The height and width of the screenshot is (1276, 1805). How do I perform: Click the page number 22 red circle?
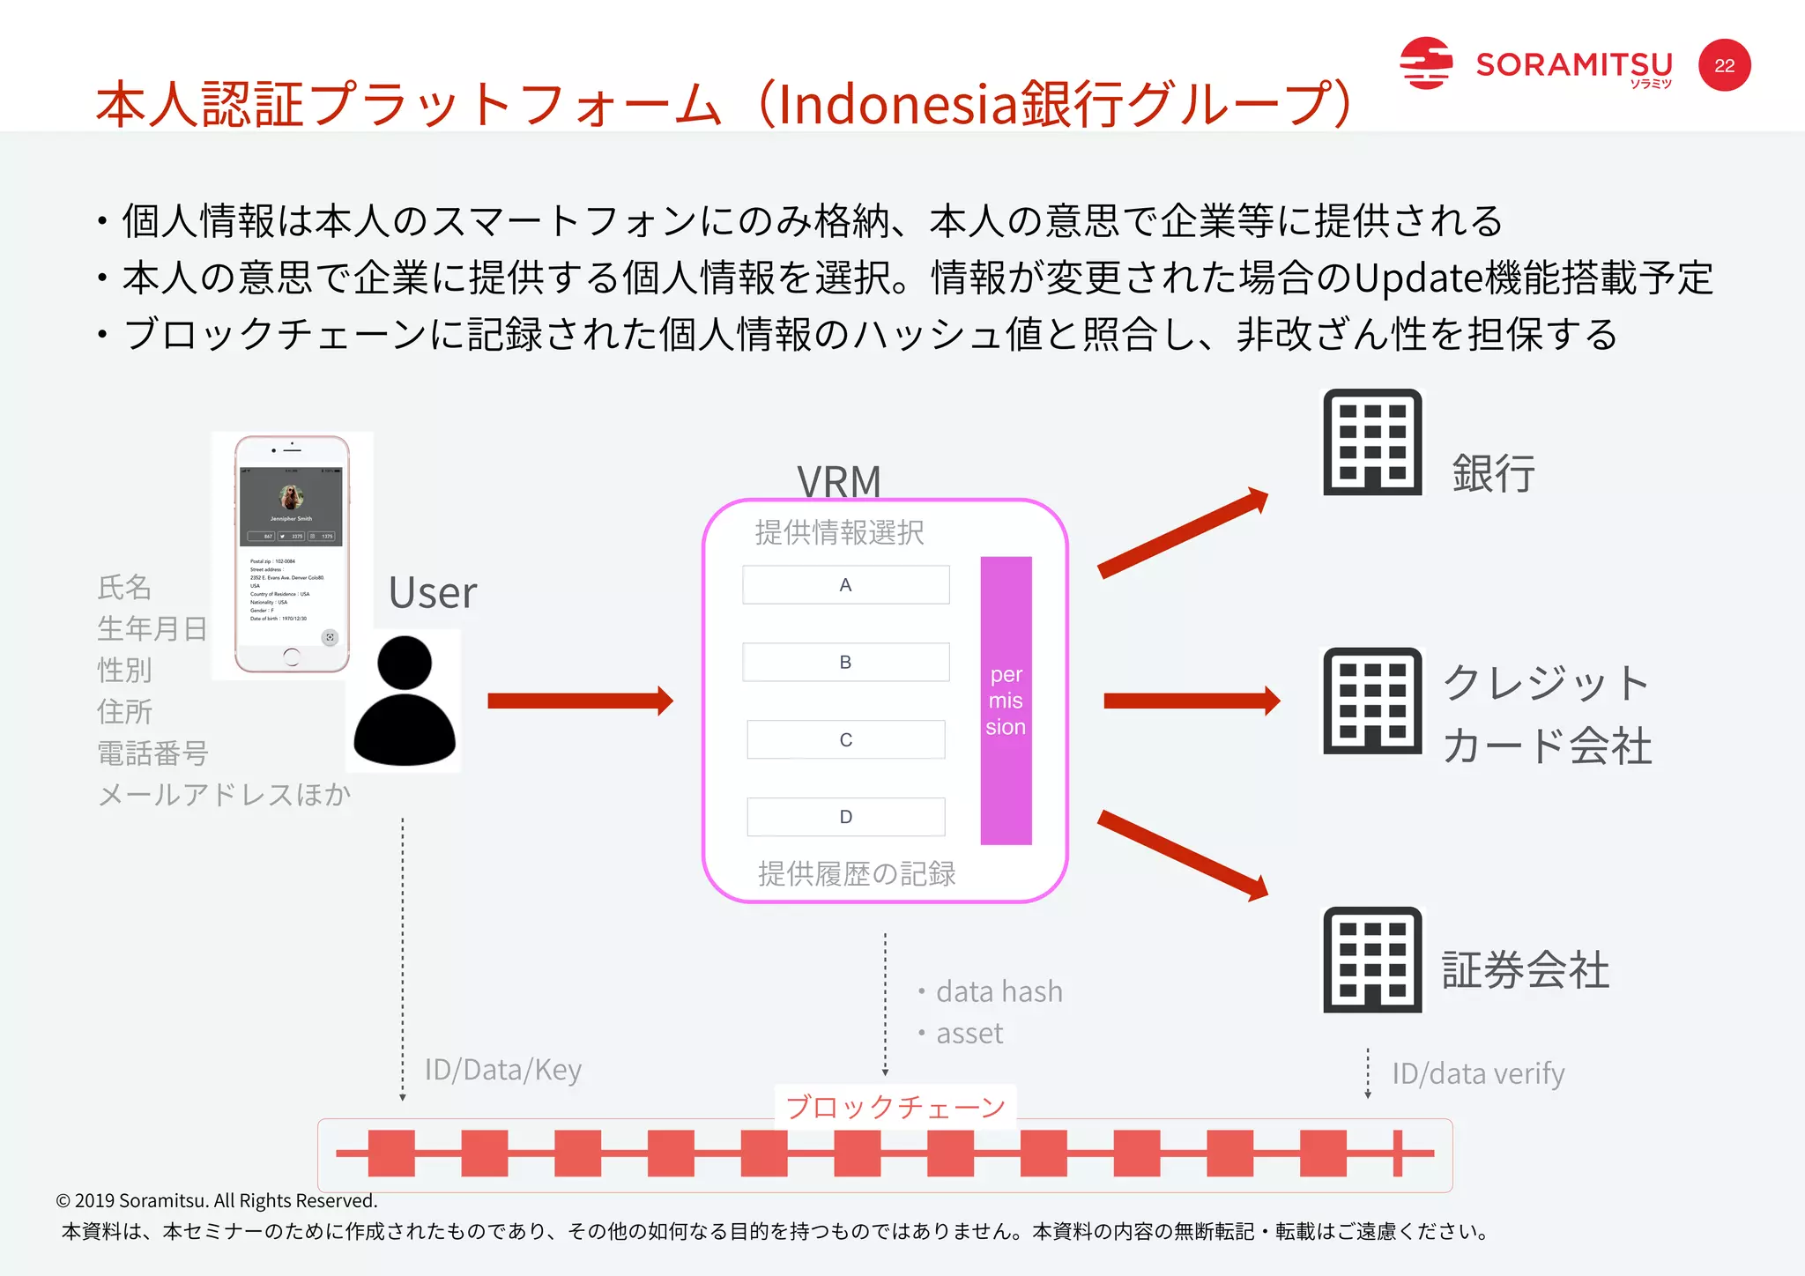pos(1724,65)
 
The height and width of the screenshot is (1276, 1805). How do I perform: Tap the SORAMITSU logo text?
pos(1573,65)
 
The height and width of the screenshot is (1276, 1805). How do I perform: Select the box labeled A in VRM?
pos(845,585)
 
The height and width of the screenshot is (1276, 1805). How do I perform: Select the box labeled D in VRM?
pos(845,817)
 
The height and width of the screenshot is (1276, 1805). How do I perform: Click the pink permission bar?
pos(1006,701)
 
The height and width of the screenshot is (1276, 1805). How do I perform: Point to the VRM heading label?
pos(838,482)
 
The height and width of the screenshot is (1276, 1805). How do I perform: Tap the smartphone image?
pos(292,553)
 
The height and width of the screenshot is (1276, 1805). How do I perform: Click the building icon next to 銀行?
pos(1372,442)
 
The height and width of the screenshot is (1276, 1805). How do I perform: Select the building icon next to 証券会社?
pos(1372,960)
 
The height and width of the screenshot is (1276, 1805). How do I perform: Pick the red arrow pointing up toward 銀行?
pos(1182,534)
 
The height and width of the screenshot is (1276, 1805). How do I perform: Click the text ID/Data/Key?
pos(502,1070)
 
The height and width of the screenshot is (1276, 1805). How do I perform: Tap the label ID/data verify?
pos(1478,1073)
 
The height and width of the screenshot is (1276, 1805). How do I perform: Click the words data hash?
pos(999,991)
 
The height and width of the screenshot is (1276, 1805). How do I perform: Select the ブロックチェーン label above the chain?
pos(895,1107)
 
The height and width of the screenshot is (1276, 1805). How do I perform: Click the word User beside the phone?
pos(433,592)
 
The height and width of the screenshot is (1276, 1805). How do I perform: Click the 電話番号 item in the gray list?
pos(152,753)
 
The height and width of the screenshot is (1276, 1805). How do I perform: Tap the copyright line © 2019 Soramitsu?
pos(217,1200)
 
